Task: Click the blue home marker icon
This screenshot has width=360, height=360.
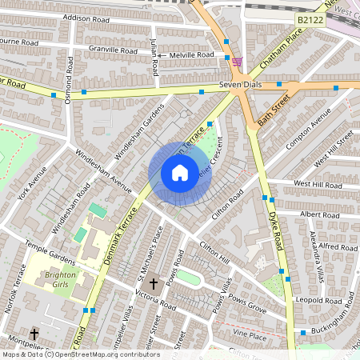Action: pyautogui.click(x=180, y=173)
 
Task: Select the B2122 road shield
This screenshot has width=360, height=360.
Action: pyautogui.click(x=310, y=19)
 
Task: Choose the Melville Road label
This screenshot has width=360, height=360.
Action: pyautogui.click(x=192, y=54)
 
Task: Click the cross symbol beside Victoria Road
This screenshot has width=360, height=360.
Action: pyautogui.click(x=154, y=283)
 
